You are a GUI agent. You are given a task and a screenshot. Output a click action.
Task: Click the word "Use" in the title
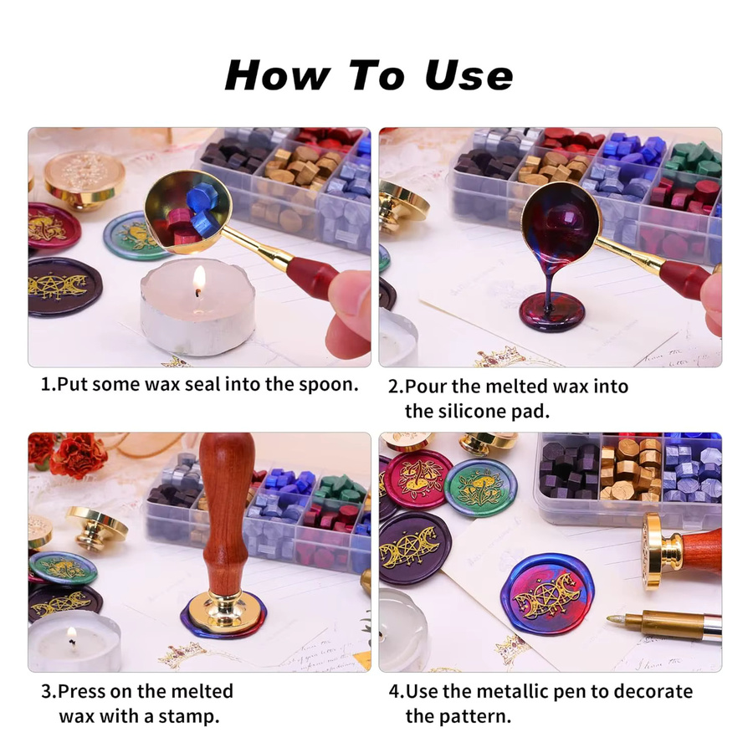(469, 75)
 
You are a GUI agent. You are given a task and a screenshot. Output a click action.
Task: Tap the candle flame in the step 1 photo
(199, 280)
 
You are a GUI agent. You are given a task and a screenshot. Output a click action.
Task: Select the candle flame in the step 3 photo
(72, 638)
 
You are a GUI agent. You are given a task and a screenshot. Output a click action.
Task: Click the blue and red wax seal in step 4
(547, 593)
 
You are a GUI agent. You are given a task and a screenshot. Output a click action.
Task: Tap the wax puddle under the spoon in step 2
(552, 312)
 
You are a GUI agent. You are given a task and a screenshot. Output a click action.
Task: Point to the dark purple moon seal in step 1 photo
(64, 287)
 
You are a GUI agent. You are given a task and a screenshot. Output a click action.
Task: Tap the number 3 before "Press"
(47, 692)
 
